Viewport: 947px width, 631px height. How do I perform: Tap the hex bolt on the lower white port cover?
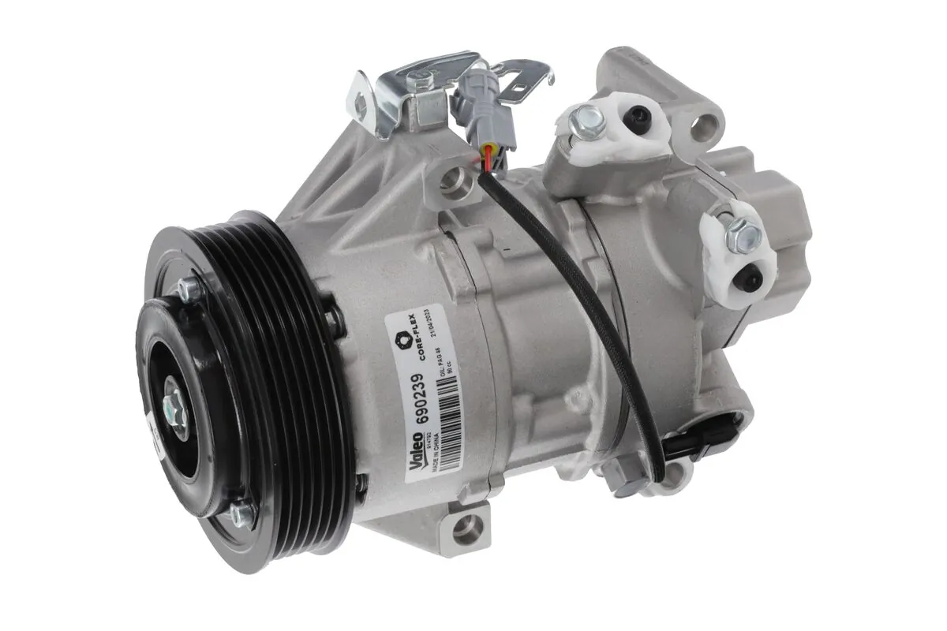pos(742,232)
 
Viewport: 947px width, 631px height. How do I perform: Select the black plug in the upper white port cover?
pos(642,118)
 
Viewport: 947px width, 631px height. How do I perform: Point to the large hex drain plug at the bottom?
pos(623,473)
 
